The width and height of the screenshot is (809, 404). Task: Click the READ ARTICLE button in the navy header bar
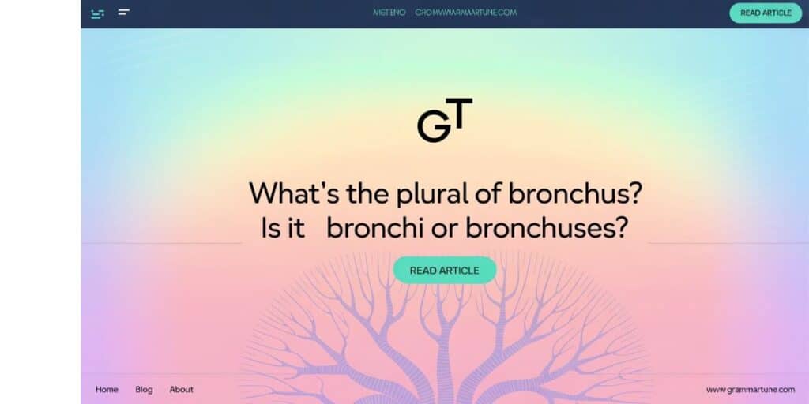coord(765,13)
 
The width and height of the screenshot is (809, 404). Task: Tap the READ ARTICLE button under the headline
coord(444,270)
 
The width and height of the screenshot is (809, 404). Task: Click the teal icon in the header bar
coord(97,13)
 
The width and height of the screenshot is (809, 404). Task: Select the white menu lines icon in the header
coord(124,12)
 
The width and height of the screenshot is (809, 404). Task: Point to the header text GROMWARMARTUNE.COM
coord(465,13)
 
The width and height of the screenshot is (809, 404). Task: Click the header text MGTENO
coord(389,13)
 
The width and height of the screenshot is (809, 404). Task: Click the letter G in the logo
coord(433,127)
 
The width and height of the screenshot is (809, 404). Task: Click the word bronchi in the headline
coord(374,228)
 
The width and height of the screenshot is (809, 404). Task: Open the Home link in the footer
coord(107,389)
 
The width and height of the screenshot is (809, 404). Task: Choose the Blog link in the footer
coord(144,389)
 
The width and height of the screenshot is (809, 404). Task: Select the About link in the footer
coord(181,389)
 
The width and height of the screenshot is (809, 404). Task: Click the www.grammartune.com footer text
coord(750,389)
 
